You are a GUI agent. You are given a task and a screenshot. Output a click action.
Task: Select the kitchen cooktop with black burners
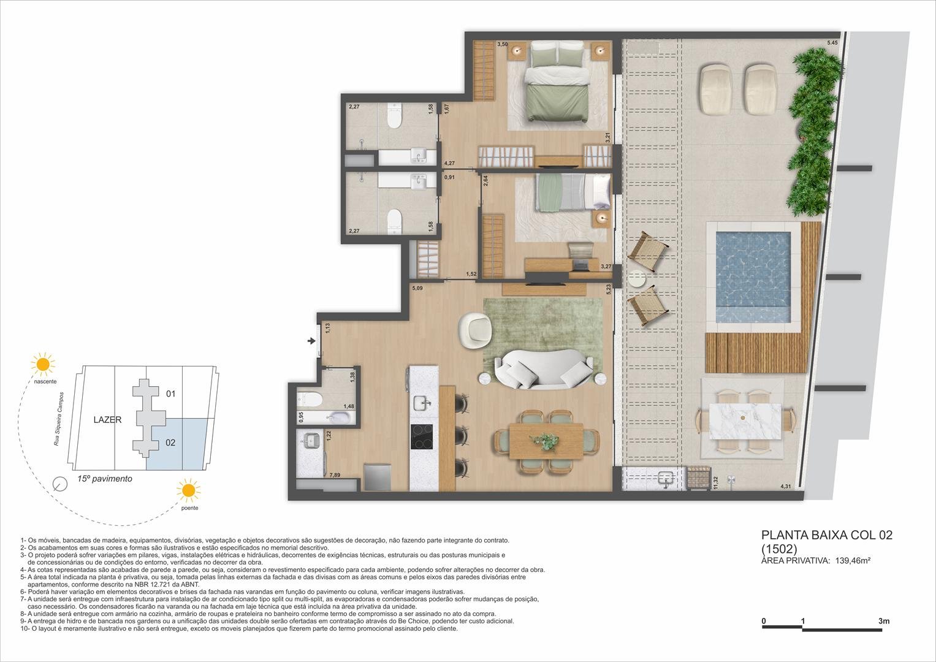(x=421, y=436)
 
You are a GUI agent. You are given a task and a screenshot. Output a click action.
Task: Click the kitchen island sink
(x=421, y=403)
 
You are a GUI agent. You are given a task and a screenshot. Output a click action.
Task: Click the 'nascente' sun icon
(x=43, y=364)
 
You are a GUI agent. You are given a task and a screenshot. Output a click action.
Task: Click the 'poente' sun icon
(x=188, y=490)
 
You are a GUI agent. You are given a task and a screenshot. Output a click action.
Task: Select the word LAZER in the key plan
(x=107, y=420)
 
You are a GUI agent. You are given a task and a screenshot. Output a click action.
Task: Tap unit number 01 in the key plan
(x=170, y=394)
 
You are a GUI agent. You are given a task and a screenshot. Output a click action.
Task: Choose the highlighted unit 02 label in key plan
(x=170, y=442)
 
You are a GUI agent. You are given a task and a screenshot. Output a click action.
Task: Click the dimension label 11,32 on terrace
(x=715, y=483)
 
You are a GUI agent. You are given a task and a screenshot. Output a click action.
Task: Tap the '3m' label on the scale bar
(x=883, y=621)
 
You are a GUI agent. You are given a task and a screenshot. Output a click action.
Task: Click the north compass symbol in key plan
(x=60, y=484)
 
